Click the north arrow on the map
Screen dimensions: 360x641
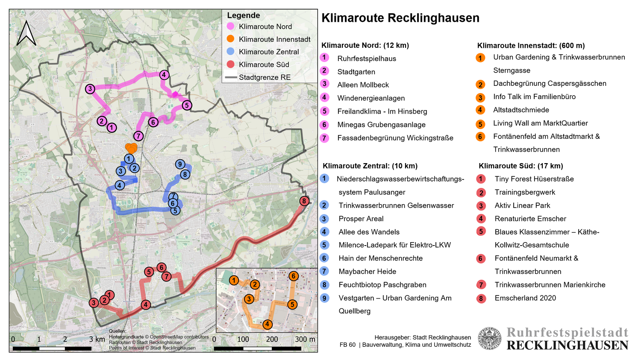(x=26, y=33)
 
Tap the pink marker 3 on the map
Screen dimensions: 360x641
(x=90, y=89)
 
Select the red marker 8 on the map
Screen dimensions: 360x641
(x=304, y=201)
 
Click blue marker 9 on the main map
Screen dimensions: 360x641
(x=180, y=164)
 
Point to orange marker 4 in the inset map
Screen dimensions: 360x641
(x=267, y=324)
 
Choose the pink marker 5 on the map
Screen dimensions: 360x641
(x=186, y=105)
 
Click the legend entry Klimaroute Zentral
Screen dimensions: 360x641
(x=268, y=52)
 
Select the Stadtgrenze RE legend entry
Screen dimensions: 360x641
(x=264, y=77)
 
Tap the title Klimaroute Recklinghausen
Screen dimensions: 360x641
(x=400, y=18)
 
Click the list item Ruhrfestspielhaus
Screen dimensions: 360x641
(x=366, y=59)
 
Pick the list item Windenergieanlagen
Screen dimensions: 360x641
(x=370, y=98)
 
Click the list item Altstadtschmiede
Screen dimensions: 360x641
(x=520, y=110)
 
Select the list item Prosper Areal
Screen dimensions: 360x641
(x=361, y=219)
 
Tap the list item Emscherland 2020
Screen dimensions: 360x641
(x=525, y=298)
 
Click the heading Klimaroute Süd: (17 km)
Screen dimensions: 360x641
(x=520, y=166)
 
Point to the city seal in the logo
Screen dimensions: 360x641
(x=489, y=339)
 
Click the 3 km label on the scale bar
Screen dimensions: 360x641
(x=97, y=339)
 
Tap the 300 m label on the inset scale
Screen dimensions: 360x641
(x=305, y=339)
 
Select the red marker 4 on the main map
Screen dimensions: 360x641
(x=146, y=304)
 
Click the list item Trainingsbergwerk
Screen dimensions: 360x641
(x=525, y=192)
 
